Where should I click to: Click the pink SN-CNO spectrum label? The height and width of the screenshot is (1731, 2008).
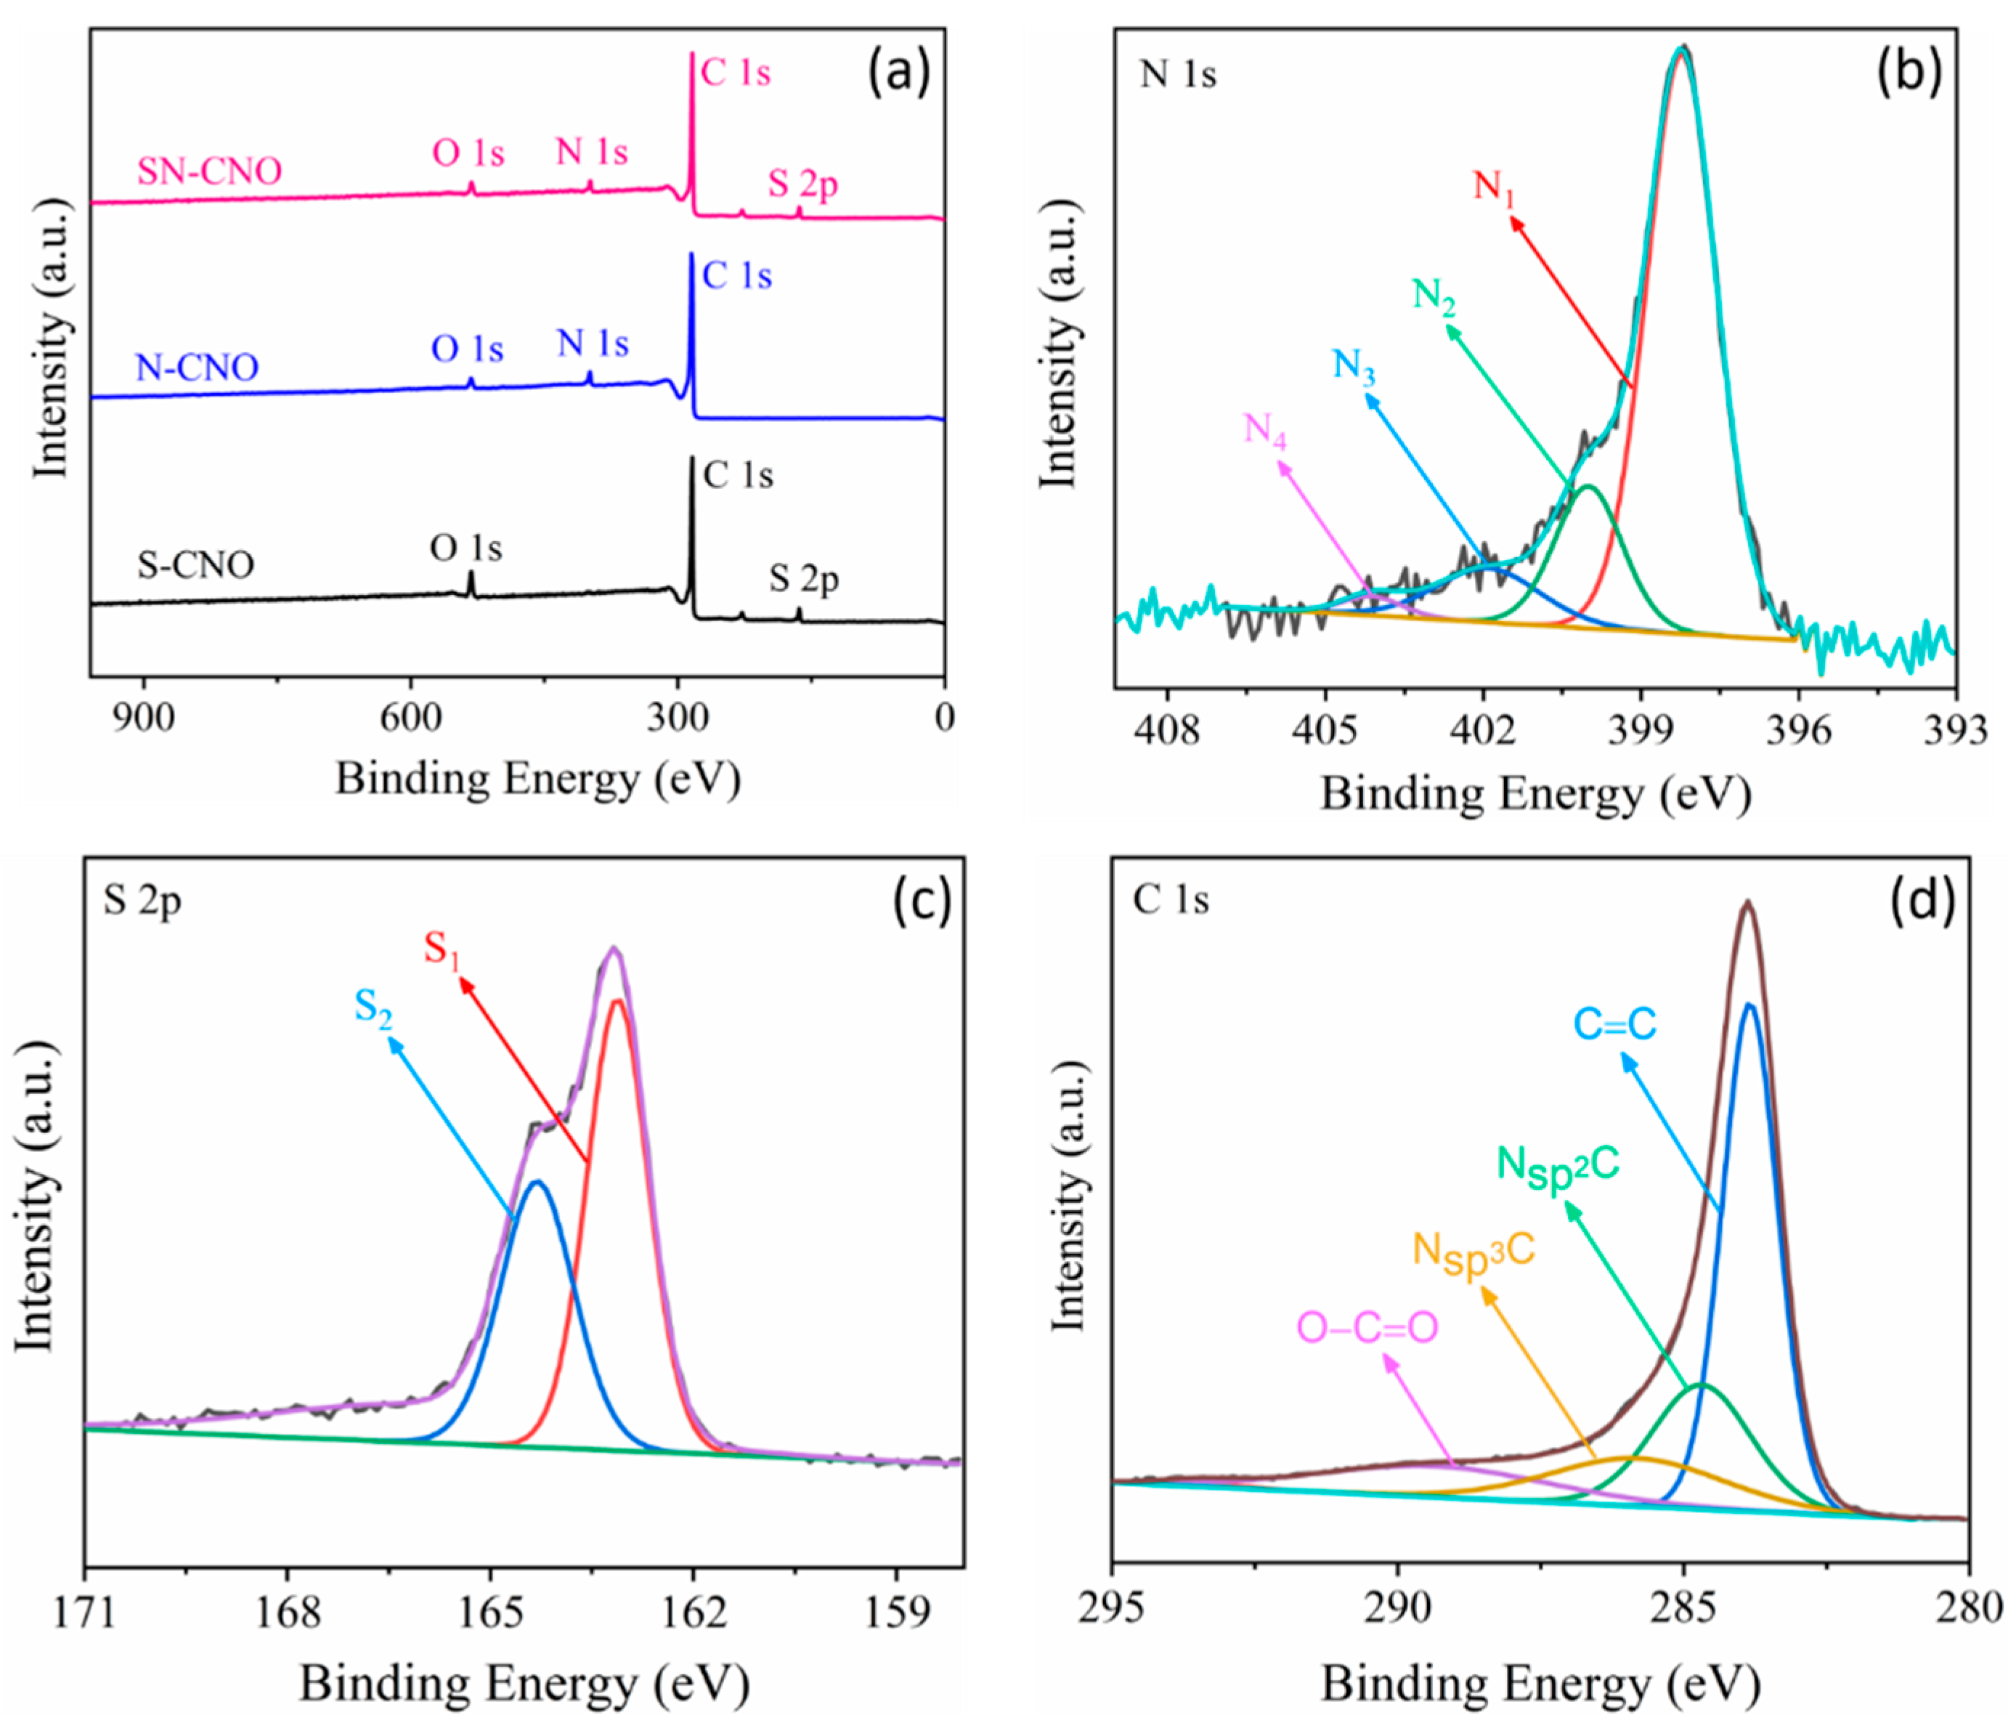point(209,171)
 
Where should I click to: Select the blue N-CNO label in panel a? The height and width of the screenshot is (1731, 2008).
point(197,368)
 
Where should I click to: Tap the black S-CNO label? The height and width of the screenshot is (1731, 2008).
point(196,564)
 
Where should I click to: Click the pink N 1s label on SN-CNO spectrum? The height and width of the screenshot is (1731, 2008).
point(591,152)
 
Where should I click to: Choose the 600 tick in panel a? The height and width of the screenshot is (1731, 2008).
point(410,718)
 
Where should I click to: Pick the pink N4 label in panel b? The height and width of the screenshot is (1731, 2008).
point(1264,429)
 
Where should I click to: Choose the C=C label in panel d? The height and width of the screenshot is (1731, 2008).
point(1614,1024)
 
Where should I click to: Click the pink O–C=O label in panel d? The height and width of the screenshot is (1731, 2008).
point(1367,1328)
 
